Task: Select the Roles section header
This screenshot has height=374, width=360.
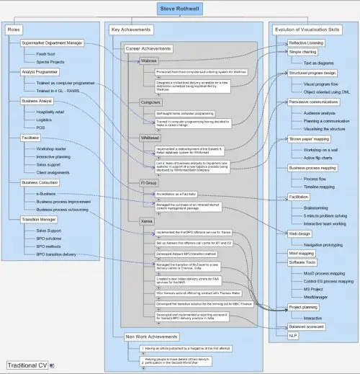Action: [x=14, y=30]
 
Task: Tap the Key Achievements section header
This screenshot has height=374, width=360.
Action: [x=132, y=30]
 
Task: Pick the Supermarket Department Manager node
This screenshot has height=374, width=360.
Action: [x=53, y=43]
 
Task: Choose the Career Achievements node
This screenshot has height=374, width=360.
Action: [x=148, y=48]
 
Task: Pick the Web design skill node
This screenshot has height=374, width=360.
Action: [x=300, y=233]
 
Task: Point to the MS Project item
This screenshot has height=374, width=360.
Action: [x=312, y=288]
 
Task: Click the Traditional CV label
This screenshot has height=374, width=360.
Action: [x=27, y=365]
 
